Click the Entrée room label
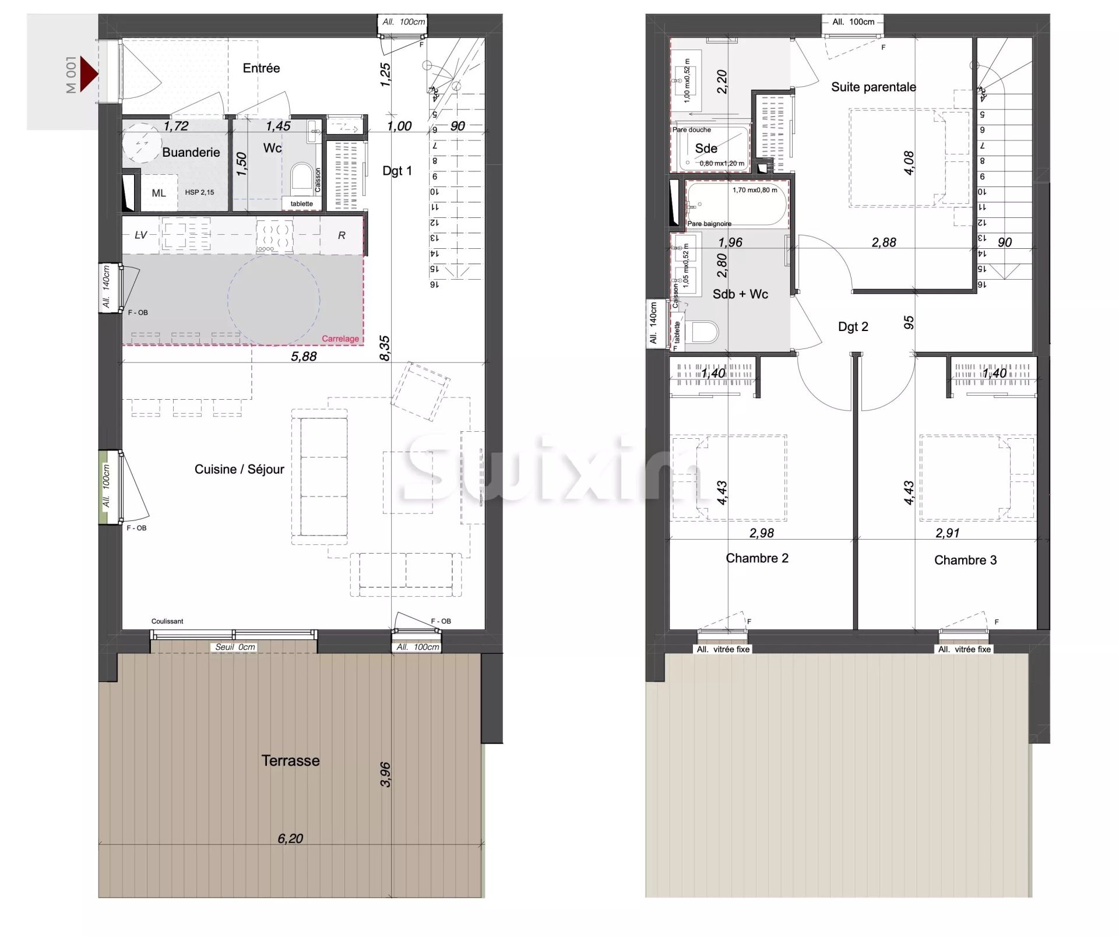(x=261, y=68)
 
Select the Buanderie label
(x=191, y=152)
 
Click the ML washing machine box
(x=159, y=193)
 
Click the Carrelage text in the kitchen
(x=340, y=339)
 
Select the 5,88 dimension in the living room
(x=304, y=356)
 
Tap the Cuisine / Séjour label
(x=239, y=469)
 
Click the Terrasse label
(x=290, y=760)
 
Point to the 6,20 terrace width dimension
(x=290, y=839)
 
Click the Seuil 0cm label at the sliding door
(x=235, y=647)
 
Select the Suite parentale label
(x=873, y=87)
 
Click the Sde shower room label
(x=706, y=148)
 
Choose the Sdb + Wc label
(x=740, y=294)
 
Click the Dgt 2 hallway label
(x=853, y=327)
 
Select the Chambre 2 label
(x=756, y=558)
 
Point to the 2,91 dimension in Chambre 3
(x=947, y=533)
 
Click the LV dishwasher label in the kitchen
(x=140, y=235)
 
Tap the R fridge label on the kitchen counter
(x=342, y=235)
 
